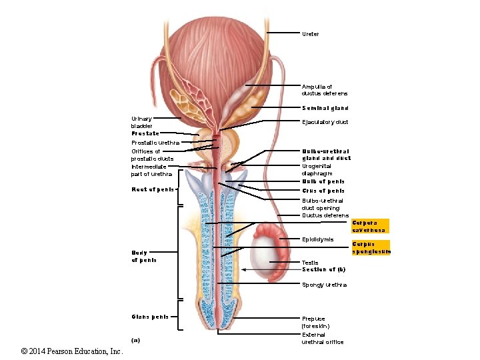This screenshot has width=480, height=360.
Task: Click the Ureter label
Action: pos(311,34)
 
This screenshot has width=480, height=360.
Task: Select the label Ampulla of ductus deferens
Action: pos(325,90)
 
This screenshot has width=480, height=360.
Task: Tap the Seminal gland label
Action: pos(325,108)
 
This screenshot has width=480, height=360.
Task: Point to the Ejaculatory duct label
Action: pos(325,122)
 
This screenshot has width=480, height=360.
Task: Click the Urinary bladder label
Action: pos(142,122)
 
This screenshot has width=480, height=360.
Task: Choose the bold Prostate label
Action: pos(145,133)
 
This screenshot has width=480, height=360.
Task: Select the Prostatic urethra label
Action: pos(155,143)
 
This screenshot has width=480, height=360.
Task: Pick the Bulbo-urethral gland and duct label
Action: pos(326,155)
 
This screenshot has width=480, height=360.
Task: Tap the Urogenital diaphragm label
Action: pos(317,169)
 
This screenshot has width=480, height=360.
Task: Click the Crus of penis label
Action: pos(323,191)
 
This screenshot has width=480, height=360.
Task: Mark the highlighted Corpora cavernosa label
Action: pos(369,226)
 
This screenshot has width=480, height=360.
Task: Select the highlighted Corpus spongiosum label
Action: pos(371,247)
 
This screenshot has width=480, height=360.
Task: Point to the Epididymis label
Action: pos(318,239)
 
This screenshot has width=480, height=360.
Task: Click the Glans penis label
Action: pos(150,317)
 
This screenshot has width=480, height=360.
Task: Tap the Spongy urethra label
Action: pos(325,285)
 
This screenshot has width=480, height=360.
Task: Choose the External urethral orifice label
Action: pos(323,338)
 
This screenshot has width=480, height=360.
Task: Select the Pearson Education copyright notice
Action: pos(63,351)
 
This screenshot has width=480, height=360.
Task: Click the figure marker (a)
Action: pos(136,340)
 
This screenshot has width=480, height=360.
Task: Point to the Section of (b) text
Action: pos(323,269)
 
